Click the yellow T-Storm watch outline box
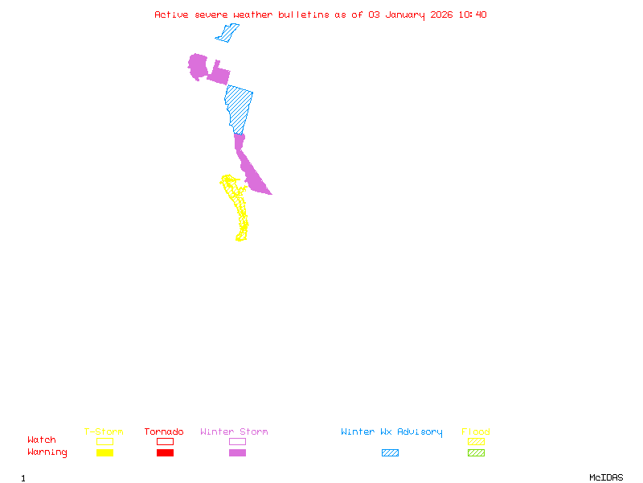(104, 441)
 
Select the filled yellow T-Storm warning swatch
(104, 453)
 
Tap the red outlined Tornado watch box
(165, 441)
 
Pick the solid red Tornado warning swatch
(165, 453)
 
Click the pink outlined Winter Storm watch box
(237, 441)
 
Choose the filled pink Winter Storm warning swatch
(237, 453)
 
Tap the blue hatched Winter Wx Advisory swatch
(390, 453)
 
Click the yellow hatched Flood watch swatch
(476, 441)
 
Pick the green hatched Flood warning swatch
(476, 453)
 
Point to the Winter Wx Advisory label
(391, 432)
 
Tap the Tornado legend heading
(164, 432)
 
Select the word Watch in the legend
(42, 440)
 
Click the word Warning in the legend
(47, 452)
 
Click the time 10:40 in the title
(473, 14)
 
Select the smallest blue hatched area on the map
(227, 33)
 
